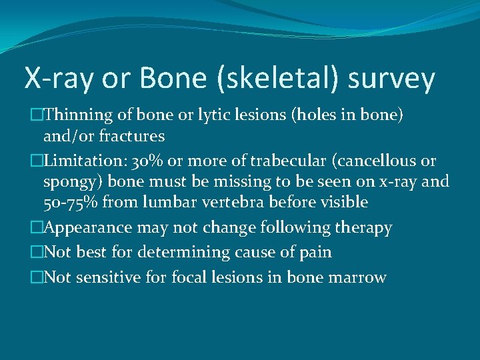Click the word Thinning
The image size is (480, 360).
pos(82,115)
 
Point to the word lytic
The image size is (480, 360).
pos(221,115)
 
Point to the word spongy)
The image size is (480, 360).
pos(73,181)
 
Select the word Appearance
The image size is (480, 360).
pos(91,227)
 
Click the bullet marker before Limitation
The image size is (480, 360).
pos(37,161)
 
